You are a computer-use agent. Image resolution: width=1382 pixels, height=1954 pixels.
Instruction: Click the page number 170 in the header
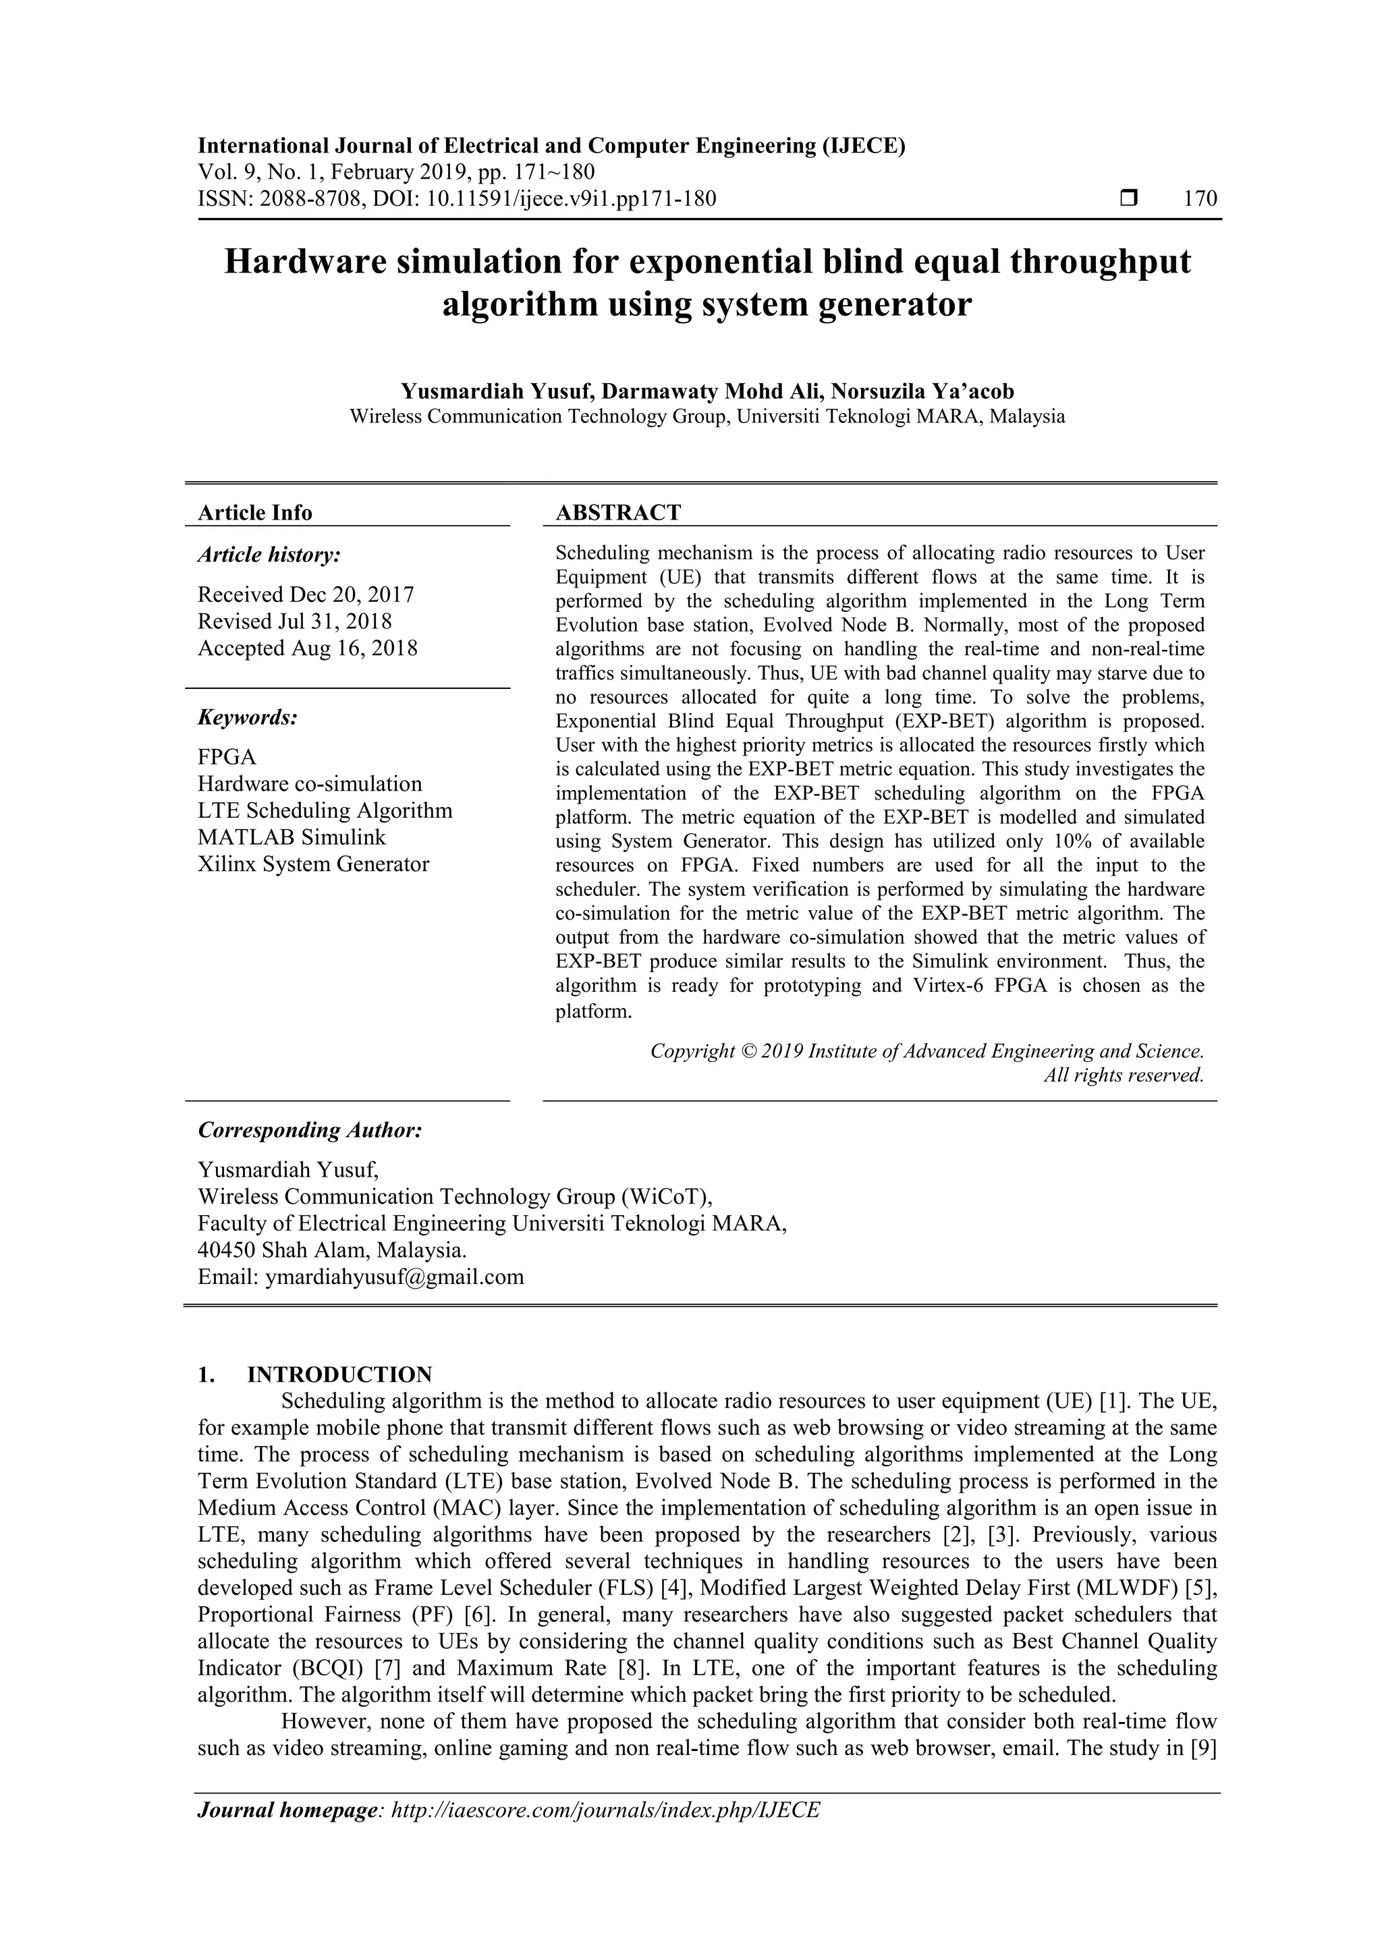click(x=1200, y=199)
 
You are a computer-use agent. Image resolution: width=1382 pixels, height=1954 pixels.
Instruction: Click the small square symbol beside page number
click(x=1128, y=199)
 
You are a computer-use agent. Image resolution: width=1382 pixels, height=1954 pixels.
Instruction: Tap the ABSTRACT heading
click(x=618, y=512)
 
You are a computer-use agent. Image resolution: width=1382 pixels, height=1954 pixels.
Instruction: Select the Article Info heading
click(x=254, y=512)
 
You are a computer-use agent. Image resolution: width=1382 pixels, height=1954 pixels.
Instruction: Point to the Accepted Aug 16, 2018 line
click(x=307, y=648)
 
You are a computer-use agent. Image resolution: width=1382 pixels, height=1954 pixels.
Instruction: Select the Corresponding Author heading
click(x=310, y=1130)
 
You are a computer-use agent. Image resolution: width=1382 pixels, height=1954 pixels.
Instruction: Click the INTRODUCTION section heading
click(x=339, y=1374)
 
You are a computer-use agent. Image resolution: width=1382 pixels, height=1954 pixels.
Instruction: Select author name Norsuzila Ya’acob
click(x=922, y=391)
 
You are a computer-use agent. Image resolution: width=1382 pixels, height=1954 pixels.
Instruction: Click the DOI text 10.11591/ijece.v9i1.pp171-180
click(x=571, y=199)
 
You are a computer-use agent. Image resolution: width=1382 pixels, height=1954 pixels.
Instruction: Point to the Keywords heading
click(x=248, y=717)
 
